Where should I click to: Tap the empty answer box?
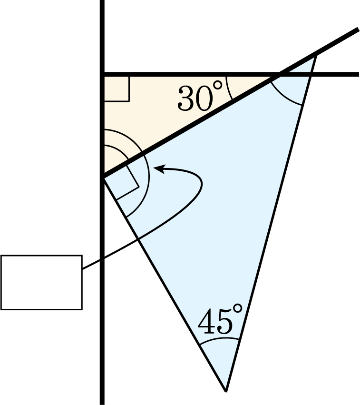click(41, 282)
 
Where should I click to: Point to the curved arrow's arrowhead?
click(158, 168)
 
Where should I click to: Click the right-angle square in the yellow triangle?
click(116, 89)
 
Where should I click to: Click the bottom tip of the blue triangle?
click(226, 391)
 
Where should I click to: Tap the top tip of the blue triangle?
click(316, 55)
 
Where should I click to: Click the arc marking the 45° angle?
click(220, 339)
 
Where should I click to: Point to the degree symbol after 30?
click(217, 85)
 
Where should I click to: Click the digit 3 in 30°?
click(185, 98)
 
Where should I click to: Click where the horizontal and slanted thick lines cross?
click(279, 75)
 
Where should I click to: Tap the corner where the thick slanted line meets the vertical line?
click(104, 177)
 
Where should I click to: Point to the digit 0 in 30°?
click(204, 98)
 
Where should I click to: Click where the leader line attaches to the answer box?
click(83, 269)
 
